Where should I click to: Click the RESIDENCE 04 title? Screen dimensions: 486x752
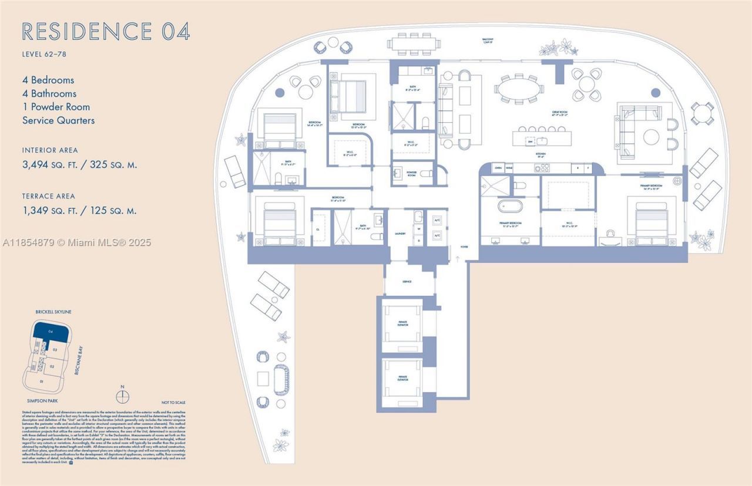click(106, 31)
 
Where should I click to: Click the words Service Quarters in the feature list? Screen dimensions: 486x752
click(58, 120)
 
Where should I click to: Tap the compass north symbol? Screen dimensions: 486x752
click(122, 396)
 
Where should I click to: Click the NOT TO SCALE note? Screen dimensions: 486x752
click(173, 402)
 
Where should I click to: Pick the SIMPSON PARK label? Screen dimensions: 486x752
click(39, 400)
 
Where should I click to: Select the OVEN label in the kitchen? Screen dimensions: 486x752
click(498, 168)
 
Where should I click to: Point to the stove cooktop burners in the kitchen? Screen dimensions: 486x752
click(541, 168)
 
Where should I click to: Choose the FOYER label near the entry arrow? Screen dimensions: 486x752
click(464, 247)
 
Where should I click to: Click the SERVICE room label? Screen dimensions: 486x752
click(407, 282)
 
